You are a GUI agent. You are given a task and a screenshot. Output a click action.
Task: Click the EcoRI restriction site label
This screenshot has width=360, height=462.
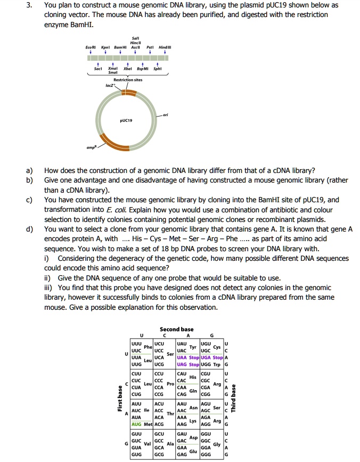tap(91, 47)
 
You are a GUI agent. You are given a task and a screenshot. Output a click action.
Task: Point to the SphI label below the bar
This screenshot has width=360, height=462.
tap(158, 69)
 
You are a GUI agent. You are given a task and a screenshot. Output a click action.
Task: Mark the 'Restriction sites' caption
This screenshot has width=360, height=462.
tap(130, 80)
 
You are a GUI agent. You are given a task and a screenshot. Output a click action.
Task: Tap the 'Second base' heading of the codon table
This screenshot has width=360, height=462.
tap(176, 329)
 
